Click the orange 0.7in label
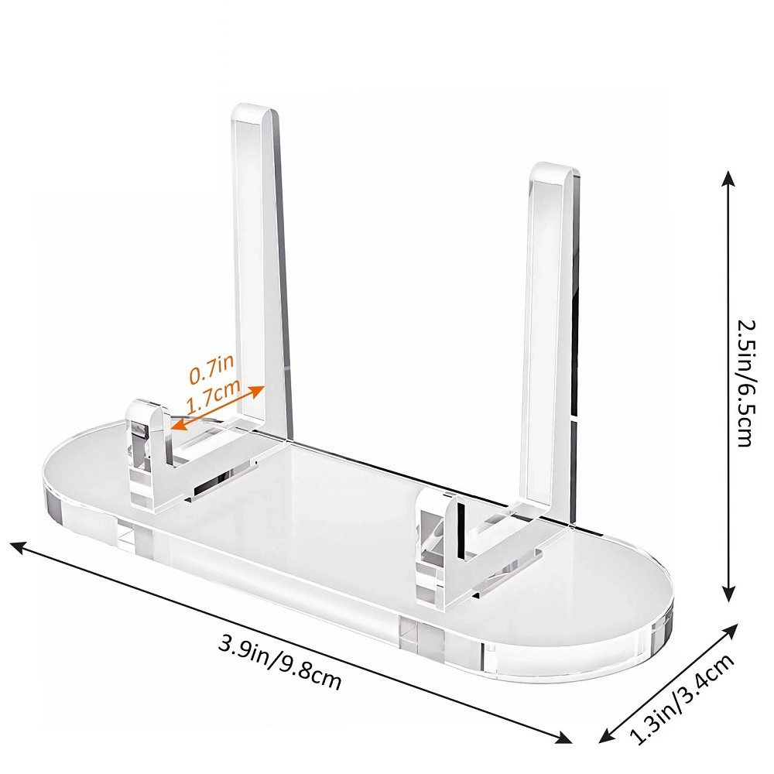point(211,368)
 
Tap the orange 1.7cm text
point(212,396)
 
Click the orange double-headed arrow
point(217,407)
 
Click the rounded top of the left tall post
point(255,111)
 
